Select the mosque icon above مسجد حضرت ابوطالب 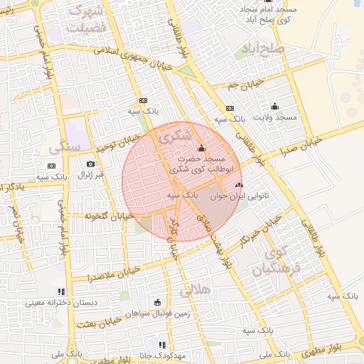pyautogui.click(x=201, y=149)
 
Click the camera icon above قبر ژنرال pyautogui.click(x=90, y=164)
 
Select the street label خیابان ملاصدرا pyautogui.click(x=115, y=273)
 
